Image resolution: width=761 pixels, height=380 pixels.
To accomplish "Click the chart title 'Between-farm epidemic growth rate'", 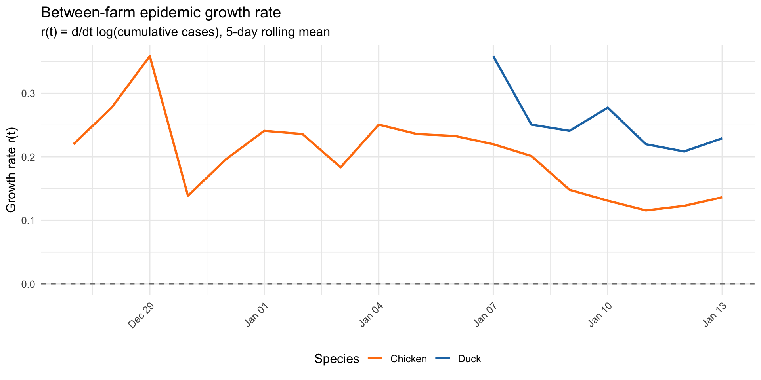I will (161, 13).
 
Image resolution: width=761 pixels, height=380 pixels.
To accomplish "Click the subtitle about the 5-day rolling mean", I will (185, 32).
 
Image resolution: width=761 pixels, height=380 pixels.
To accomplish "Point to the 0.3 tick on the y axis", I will (28, 93).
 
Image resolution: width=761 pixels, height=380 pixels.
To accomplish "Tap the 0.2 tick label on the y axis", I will (28, 157).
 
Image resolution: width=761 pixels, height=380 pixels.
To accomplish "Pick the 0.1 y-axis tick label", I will (28, 220).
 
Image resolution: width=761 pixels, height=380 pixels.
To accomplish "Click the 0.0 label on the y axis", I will (28, 284).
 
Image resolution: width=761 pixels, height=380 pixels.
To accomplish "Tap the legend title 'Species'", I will (337, 359).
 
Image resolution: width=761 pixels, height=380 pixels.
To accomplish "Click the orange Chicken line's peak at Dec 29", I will (149, 56).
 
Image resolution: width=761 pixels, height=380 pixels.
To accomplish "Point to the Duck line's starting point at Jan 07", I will (493, 57).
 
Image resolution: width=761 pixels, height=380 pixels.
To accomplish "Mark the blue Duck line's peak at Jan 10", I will (608, 108).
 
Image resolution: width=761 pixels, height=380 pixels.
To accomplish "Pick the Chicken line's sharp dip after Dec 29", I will (188, 196).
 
